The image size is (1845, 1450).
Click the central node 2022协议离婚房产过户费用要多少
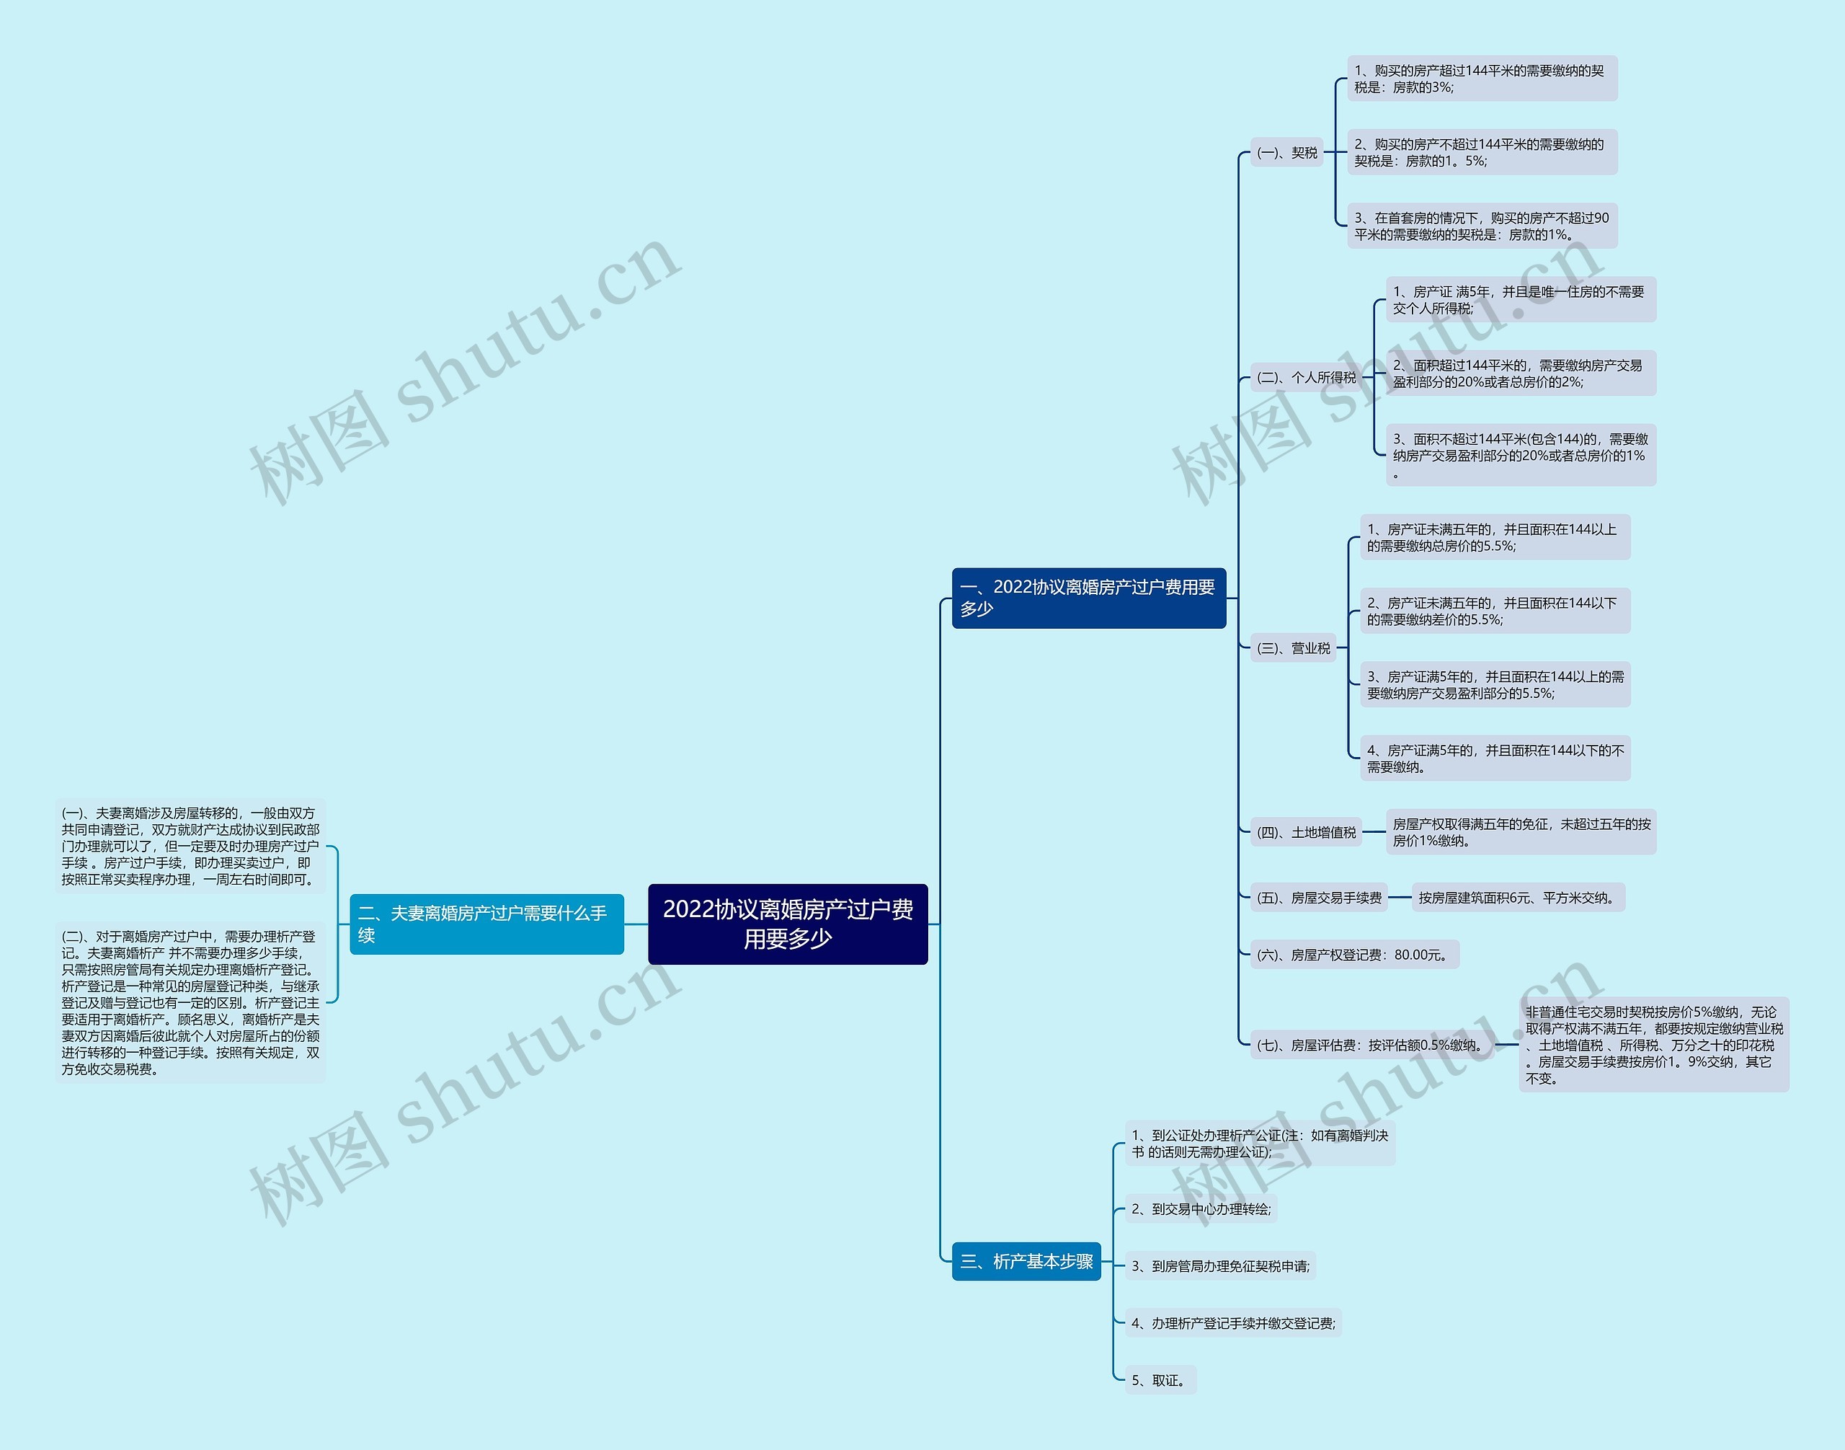(788, 924)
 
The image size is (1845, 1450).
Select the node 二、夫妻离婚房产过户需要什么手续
(486, 924)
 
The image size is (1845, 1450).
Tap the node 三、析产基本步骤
(1026, 1262)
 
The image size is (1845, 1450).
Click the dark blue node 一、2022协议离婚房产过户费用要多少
(1088, 598)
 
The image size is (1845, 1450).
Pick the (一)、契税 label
(1286, 153)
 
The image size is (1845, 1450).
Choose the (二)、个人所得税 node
(1306, 377)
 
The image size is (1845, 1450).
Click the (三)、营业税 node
(1294, 647)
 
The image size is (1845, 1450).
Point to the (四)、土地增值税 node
(1306, 832)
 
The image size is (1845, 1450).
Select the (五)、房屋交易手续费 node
(1319, 898)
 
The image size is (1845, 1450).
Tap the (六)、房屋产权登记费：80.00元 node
(1353, 954)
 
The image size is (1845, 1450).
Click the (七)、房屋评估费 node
(1371, 1045)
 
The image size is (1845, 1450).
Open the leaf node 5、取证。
(1160, 1380)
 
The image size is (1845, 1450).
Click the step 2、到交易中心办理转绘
(1201, 1209)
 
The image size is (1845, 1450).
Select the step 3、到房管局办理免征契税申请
(1220, 1266)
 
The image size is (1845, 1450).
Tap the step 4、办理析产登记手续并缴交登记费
(1233, 1322)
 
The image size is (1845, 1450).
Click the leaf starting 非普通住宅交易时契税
(1653, 1044)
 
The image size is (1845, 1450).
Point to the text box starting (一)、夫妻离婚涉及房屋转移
(190, 846)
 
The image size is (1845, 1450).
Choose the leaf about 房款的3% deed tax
(1482, 78)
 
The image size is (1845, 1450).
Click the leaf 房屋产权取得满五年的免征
(1521, 832)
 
